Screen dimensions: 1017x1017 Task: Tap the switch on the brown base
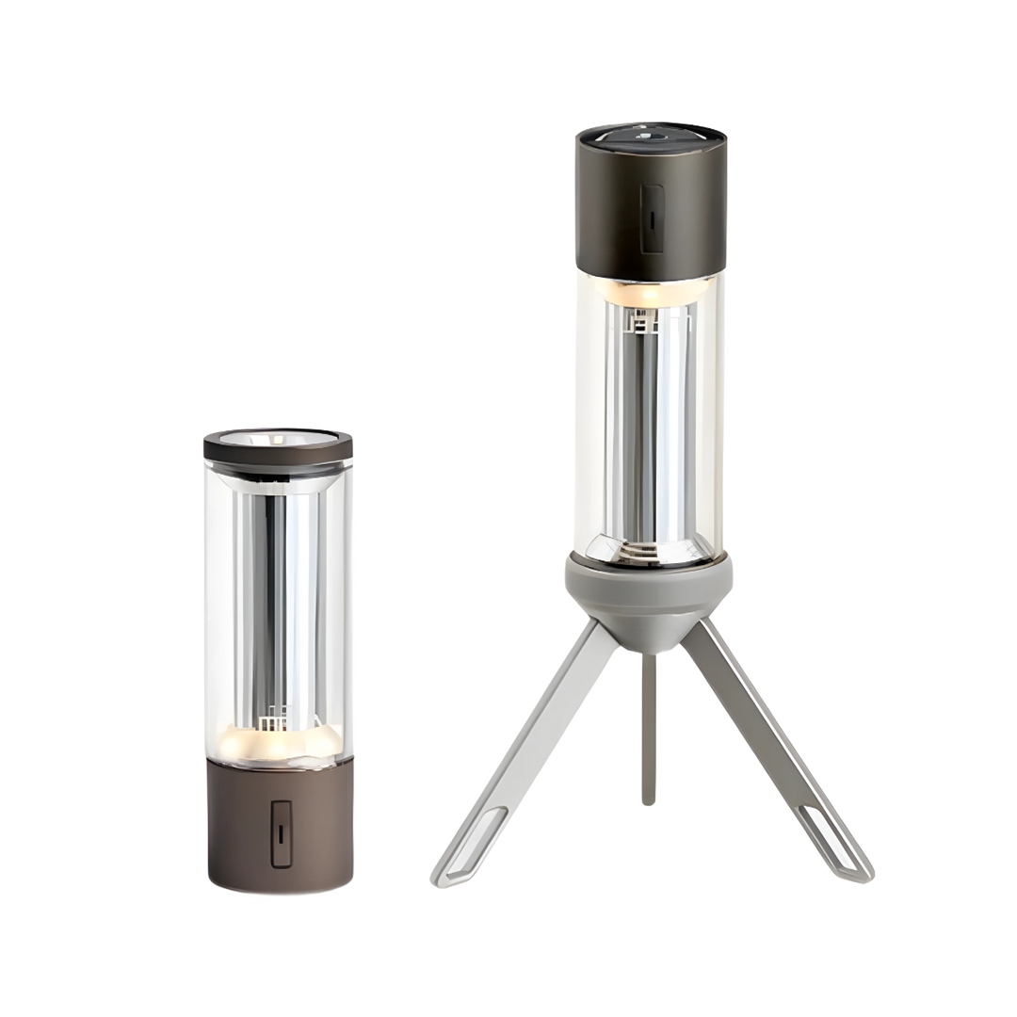point(281,833)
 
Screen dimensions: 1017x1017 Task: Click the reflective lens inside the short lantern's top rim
point(279,438)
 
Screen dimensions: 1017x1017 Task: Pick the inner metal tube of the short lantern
point(275,603)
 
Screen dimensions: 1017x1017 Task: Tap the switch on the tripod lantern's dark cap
point(652,218)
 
